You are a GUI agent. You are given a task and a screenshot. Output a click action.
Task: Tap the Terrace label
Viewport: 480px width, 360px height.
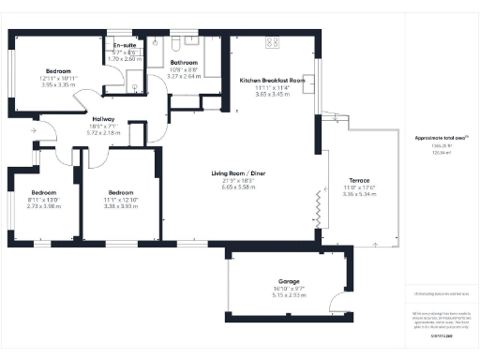point(359,181)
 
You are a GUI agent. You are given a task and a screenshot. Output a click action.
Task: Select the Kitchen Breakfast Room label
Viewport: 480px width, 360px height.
point(272,82)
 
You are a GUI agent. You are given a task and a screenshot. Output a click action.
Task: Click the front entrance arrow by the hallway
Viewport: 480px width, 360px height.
point(34,132)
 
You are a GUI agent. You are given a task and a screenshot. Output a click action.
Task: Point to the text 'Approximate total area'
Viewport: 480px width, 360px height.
point(439,138)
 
